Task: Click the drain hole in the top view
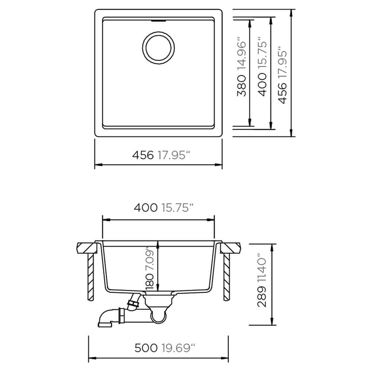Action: pyautogui.click(x=158, y=48)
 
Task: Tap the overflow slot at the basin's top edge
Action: pyautogui.click(x=158, y=21)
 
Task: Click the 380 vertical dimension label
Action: pyautogui.click(x=242, y=86)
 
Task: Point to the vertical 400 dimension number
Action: pyautogui.click(x=262, y=85)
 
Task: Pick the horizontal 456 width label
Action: pyautogui.click(x=143, y=155)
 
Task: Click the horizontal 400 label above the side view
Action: pyautogui.click(x=145, y=208)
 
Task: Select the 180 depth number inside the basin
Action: pyautogui.click(x=150, y=281)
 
